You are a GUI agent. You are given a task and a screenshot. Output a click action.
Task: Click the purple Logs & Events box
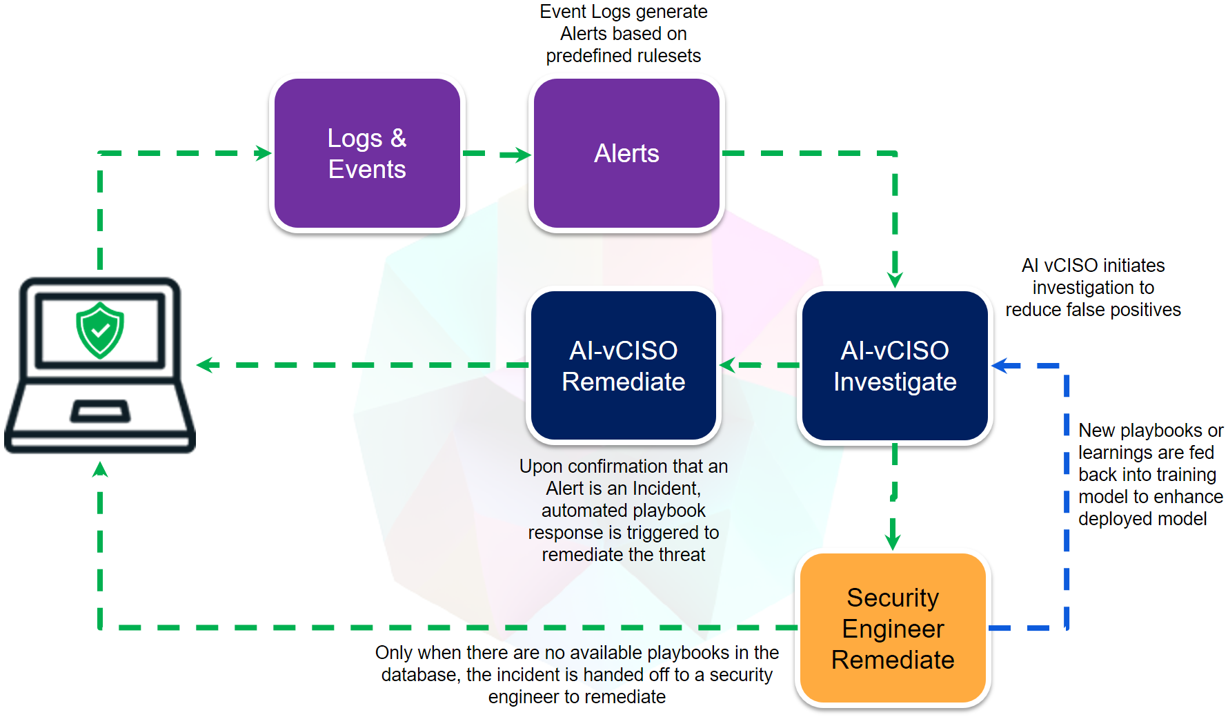[x=367, y=153]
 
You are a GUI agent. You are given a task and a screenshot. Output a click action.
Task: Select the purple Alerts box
[x=626, y=153]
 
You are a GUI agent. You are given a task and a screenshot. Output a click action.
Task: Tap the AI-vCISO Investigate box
[x=895, y=366]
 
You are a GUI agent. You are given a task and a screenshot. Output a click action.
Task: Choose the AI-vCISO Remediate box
[x=624, y=366]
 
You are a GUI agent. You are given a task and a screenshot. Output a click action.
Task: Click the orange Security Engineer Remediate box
[x=893, y=628]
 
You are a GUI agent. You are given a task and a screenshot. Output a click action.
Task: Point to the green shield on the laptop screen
[x=100, y=330]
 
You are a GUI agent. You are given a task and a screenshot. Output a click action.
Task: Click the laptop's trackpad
[x=100, y=411]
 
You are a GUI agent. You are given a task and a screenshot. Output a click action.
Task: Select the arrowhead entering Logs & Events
[x=263, y=153]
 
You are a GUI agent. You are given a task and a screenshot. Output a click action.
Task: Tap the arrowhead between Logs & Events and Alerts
[x=522, y=155]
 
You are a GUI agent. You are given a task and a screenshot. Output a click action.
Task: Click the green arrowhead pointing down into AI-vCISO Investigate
[x=895, y=279]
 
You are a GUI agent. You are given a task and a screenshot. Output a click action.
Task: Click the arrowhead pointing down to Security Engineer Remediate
[x=893, y=542]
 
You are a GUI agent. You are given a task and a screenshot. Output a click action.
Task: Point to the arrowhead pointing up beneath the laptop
[x=100, y=470]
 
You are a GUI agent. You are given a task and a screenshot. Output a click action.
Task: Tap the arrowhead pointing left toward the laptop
[x=205, y=365]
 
